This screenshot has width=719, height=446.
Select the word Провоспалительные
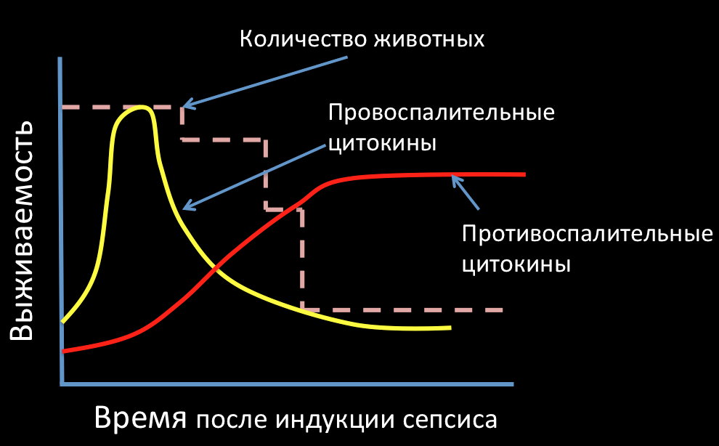point(441,114)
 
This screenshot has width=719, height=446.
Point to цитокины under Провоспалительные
point(382,143)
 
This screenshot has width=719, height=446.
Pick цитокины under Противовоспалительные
point(516,264)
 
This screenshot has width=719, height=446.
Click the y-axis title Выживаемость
point(22,230)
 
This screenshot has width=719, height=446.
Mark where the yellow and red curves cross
point(215,270)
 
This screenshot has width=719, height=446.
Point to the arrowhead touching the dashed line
point(185,105)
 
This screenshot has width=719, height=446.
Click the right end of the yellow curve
point(450,328)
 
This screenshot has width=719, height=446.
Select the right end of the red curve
point(523,174)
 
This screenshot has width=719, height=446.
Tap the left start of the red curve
point(64,351)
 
